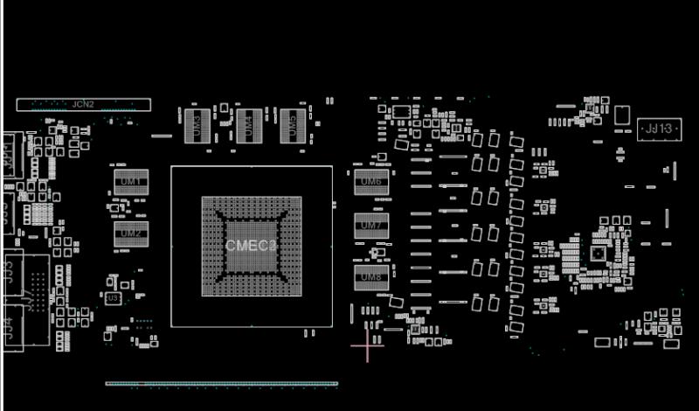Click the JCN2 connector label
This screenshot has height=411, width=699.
pyautogui.click(x=83, y=104)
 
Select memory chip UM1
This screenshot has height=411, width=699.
pyautogui.click(x=131, y=181)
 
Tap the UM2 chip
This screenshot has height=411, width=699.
pyautogui.click(x=131, y=233)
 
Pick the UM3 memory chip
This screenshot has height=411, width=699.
pyautogui.click(x=196, y=126)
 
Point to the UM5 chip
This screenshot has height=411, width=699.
pyautogui.click(x=293, y=126)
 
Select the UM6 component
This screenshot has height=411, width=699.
pyautogui.click(x=371, y=182)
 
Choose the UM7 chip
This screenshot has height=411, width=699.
pyautogui.click(x=371, y=226)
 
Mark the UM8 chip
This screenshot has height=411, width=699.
pyautogui.click(x=371, y=277)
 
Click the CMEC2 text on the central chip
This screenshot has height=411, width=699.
pyautogui.click(x=251, y=246)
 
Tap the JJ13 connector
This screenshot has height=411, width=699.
pyautogui.click(x=658, y=129)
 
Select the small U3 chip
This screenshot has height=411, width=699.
pyautogui.click(x=112, y=298)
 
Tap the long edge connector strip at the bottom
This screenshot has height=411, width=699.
pyautogui.click(x=221, y=383)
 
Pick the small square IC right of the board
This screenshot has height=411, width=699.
pyautogui.click(x=597, y=254)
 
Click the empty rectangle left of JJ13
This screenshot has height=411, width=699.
pyautogui.click(x=622, y=115)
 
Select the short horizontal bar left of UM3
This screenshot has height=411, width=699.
pyautogui.click(x=162, y=136)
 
